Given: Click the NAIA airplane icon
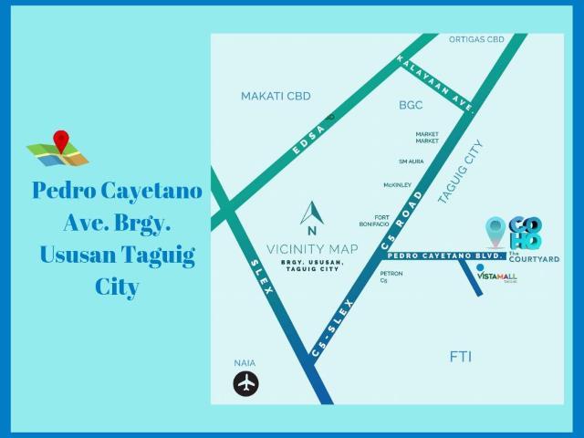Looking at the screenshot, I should (x=246, y=384).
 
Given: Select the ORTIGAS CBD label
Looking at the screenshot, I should (x=476, y=40).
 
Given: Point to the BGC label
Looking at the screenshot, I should (x=411, y=106).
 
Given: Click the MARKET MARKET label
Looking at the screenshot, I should (x=427, y=138).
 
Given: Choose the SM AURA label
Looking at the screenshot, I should (x=411, y=162).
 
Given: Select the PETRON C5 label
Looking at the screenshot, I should (x=391, y=276).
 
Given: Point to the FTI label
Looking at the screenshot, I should (x=461, y=356).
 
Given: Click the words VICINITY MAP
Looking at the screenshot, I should (x=312, y=247).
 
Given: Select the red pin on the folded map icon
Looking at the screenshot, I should (x=61, y=141).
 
